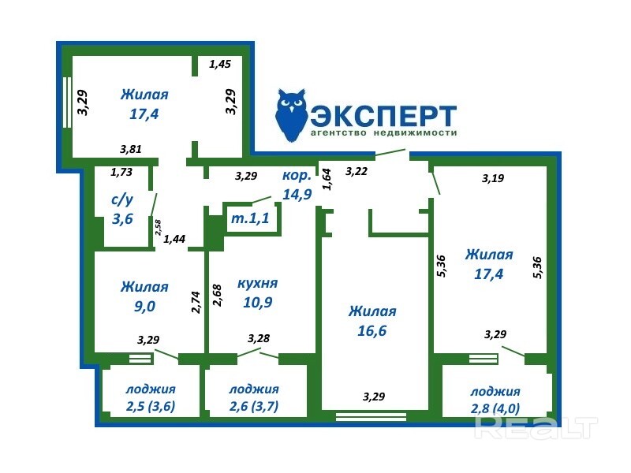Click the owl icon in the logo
coord(291,115)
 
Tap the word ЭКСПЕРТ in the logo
coord(383,116)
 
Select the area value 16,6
coord(372,330)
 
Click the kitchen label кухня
coord(258,283)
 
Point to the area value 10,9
coord(258,302)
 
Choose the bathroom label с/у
coord(122,199)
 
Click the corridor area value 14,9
coord(297,194)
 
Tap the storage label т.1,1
coord(250,218)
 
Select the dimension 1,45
coord(220,64)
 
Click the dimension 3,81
coord(131,149)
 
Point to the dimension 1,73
coord(121,172)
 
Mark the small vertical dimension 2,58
coord(158,227)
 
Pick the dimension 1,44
coord(174,239)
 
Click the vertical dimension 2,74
coord(196,302)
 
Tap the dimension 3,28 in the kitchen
coord(259,338)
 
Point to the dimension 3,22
coord(357,171)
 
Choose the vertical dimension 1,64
coord(327,180)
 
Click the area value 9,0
coord(144,307)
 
